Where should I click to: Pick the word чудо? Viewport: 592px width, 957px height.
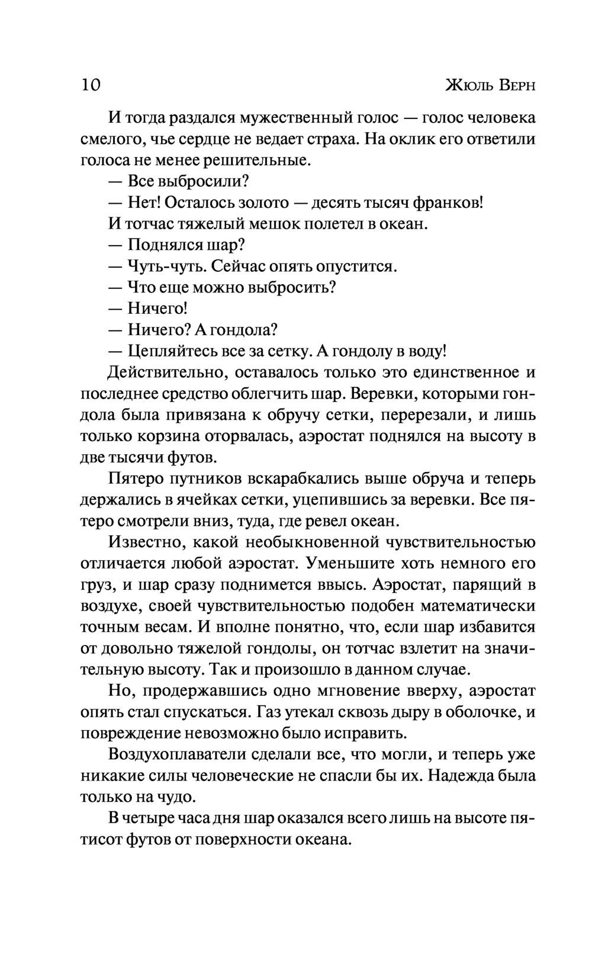[x=176, y=797]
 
